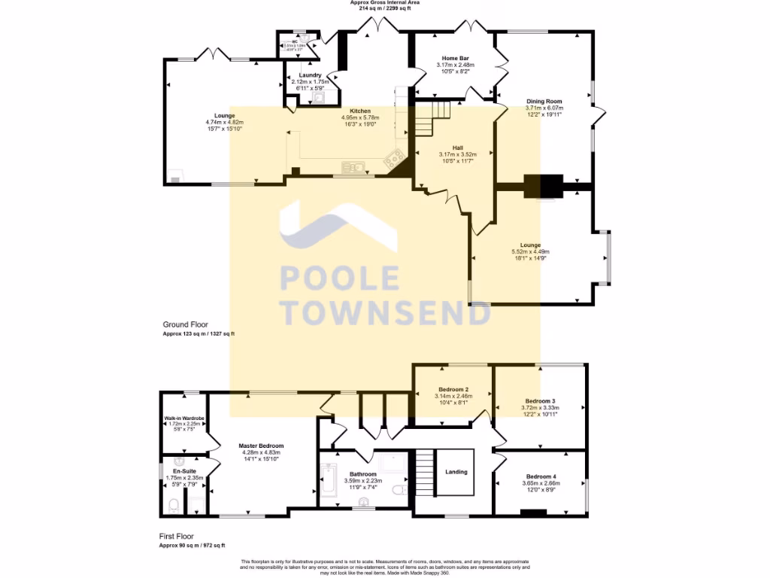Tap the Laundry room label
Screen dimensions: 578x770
click(x=311, y=76)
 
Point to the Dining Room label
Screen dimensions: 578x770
click(x=543, y=102)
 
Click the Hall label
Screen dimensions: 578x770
click(x=457, y=148)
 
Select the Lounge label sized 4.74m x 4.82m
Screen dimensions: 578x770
click(x=224, y=116)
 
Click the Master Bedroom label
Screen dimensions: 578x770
click(x=260, y=446)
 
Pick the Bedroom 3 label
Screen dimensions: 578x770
click(x=540, y=401)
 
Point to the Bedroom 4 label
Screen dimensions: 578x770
click(x=541, y=477)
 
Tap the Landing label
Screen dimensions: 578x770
click(x=456, y=472)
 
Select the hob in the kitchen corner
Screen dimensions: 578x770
click(x=393, y=159)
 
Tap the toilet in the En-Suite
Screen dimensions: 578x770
click(x=173, y=507)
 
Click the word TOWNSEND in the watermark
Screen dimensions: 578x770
click(x=385, y=312)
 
